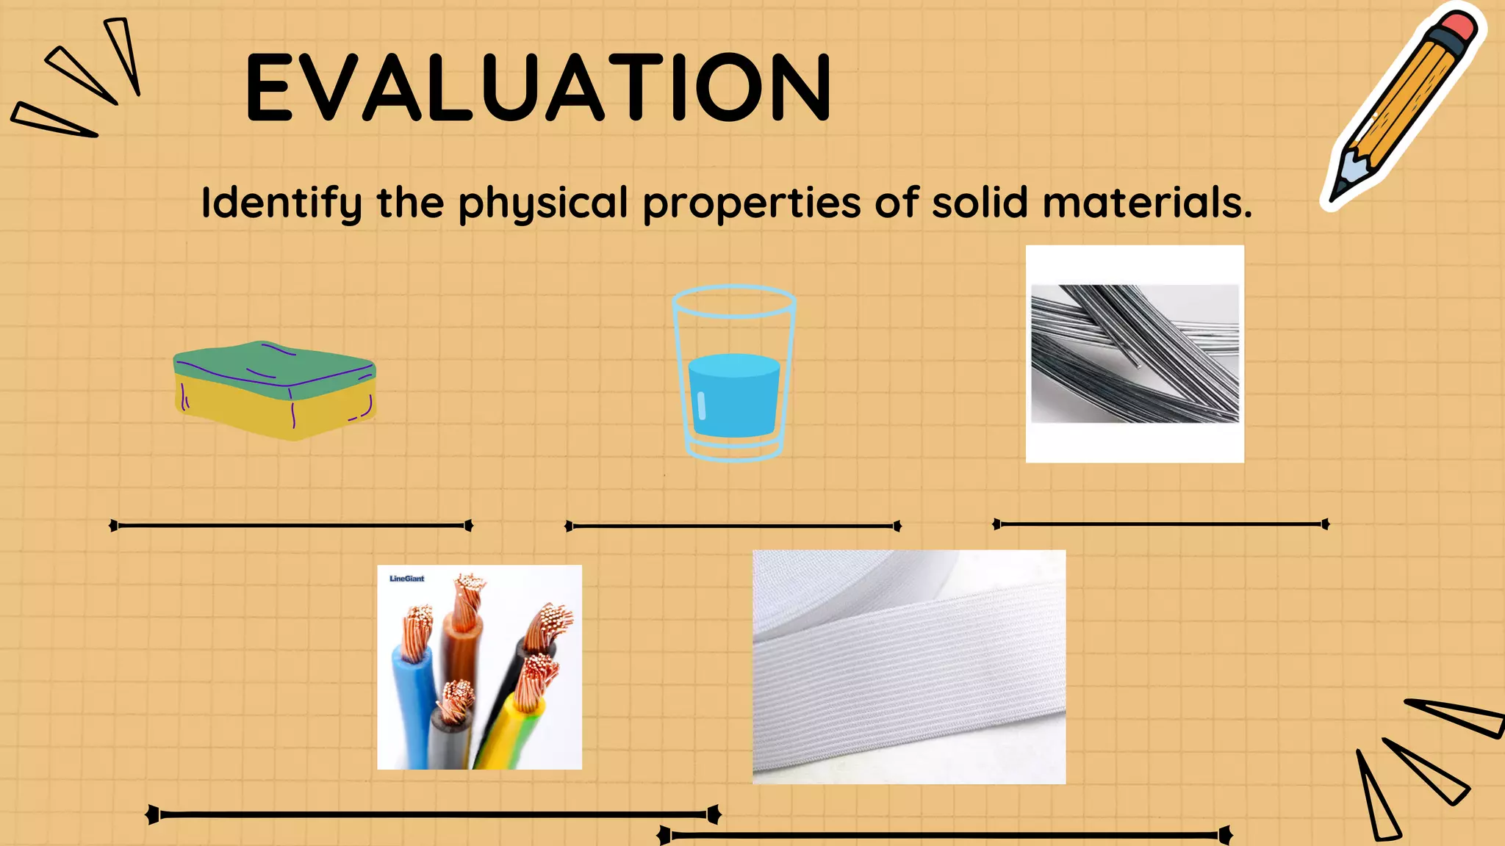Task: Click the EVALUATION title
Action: point(538,87)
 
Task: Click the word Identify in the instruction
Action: point(281,203)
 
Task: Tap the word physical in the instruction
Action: point(543,203)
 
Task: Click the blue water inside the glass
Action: point(733,397)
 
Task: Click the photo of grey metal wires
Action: point(1135,354)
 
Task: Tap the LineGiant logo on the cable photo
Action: point(406,579)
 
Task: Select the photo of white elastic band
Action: point(909,667)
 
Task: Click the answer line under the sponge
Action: point(291,525)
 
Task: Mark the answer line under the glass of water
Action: point(733,526)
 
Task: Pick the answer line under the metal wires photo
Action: point(1161,524)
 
